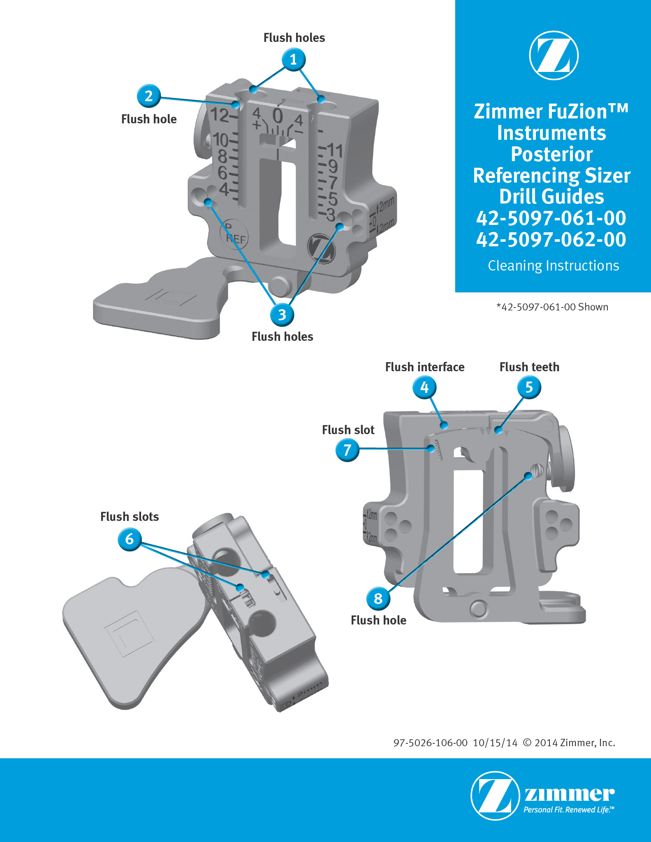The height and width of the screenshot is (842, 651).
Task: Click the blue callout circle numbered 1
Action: point(294,60)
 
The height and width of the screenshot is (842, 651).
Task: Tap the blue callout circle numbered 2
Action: point(148,96)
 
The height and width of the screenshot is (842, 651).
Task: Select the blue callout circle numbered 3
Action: point(282,315)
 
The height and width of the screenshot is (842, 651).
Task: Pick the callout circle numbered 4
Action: point(424,387)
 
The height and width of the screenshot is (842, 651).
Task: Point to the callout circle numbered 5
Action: point(529,387)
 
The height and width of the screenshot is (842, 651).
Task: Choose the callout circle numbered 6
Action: point(130,539)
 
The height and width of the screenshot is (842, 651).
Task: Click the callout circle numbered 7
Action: point(348,450)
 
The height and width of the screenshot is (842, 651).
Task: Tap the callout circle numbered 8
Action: point(378,599)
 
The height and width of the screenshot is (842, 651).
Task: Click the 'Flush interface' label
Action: point(425,367)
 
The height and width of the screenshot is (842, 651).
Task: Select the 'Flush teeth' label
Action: point(529,367)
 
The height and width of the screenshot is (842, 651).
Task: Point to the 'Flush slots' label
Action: point(130,516)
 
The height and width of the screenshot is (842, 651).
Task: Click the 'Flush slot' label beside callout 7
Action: point(348,430)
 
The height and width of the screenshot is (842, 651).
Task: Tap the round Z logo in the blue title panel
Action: point(554,55)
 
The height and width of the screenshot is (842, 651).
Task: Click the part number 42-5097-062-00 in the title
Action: point(551,239)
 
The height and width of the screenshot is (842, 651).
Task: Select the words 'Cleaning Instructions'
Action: point(553,266)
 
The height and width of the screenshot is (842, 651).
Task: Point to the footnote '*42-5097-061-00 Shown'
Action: point(552,307)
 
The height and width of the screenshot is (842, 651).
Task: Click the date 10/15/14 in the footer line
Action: point(495,743)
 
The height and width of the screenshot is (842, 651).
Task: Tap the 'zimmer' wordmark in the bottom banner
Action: point(570,794)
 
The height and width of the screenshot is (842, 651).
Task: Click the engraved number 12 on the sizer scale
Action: point(220,115)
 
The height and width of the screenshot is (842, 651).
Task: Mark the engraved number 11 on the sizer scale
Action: point(335,150)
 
